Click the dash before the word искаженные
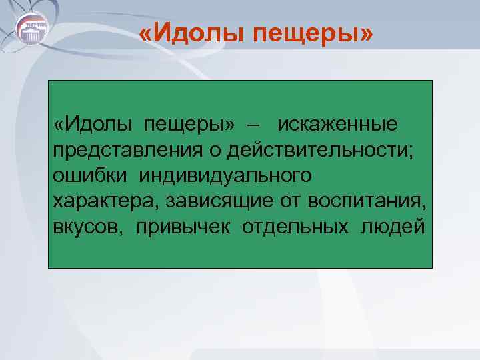pos(255,124)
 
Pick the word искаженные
pos(337,124)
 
